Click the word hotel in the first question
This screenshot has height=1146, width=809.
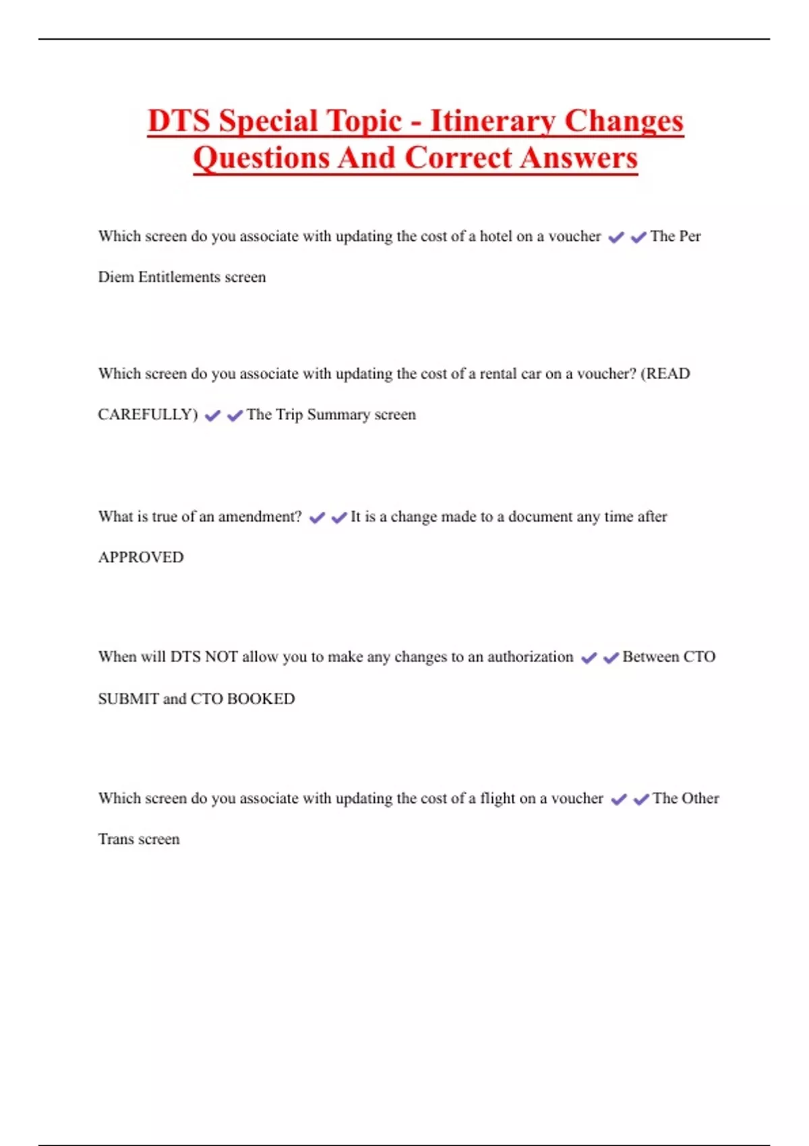tap(496, 236)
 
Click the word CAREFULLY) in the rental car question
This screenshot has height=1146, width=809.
tap(148, 415)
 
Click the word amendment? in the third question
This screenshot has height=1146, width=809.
tap(260, 516)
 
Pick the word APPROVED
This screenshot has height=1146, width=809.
tap(141, 557)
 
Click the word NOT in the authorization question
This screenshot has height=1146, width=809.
tap(220, 657)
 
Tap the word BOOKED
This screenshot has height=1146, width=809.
tap(261, 699)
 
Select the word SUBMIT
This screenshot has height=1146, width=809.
tap(129, 699)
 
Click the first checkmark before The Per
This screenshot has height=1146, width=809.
tap(616, 237)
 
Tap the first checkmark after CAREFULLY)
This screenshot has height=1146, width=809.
tap(212, 416)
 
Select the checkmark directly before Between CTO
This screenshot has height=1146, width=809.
tap(611, 658)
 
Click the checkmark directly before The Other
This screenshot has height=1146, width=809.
tap(641, 800)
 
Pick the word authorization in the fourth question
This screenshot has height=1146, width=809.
tap(530, 657)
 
